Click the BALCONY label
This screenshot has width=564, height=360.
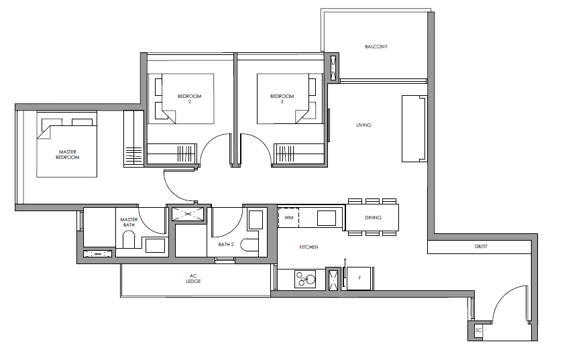376,47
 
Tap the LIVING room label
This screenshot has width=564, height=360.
363,125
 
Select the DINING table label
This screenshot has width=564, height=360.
373,218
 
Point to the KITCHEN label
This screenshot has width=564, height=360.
308,247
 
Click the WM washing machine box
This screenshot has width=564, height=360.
288,218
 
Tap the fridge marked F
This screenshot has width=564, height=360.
359,278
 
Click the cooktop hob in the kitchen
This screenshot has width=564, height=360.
305,280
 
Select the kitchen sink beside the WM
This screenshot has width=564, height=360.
326,218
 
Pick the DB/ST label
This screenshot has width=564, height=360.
481,247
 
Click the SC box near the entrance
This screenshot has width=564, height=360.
478,330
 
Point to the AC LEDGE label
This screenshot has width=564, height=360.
193,279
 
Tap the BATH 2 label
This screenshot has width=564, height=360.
226,245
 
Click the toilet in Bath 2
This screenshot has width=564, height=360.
249,245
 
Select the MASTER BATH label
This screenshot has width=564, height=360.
129,223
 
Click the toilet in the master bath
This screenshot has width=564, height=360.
129,239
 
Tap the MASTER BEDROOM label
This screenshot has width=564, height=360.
67,155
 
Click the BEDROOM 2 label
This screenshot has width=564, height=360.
190,99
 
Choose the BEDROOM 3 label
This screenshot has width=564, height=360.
282,99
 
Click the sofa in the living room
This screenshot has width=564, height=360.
414,129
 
